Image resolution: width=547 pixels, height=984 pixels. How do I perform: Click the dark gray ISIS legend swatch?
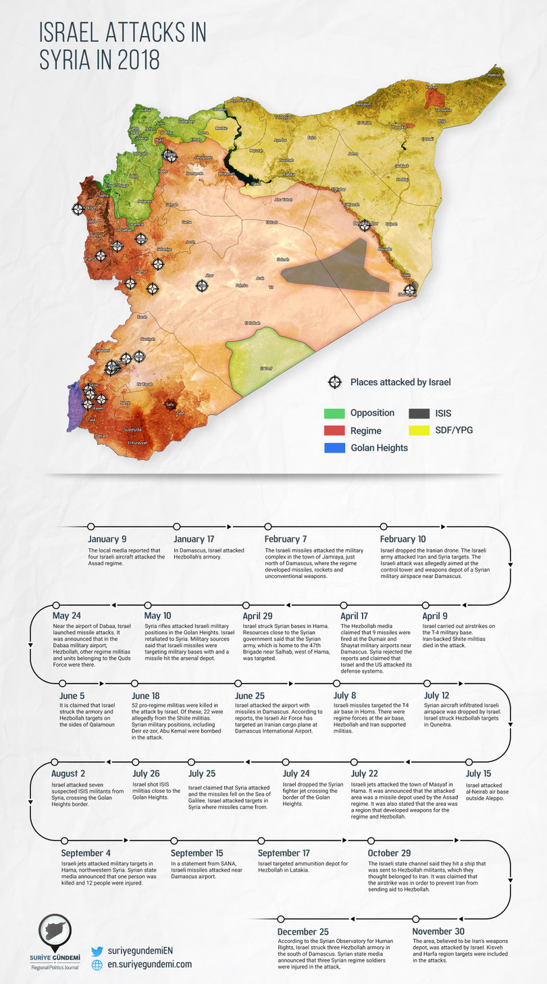[420, 413]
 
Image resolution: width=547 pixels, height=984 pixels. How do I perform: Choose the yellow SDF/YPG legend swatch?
[420, 430]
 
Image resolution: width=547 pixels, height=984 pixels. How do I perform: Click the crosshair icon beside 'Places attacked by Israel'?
[334, 382]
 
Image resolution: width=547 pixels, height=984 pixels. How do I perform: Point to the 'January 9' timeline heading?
[107, 539]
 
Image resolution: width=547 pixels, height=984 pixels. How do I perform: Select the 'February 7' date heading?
[286, 539]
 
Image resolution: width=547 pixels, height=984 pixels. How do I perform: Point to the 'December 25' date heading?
[303, 932]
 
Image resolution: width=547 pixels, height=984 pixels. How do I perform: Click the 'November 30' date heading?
[438, 932]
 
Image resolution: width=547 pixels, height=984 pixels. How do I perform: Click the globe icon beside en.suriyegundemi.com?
[97, 965]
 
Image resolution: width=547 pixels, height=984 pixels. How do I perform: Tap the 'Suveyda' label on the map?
[132, 428]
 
